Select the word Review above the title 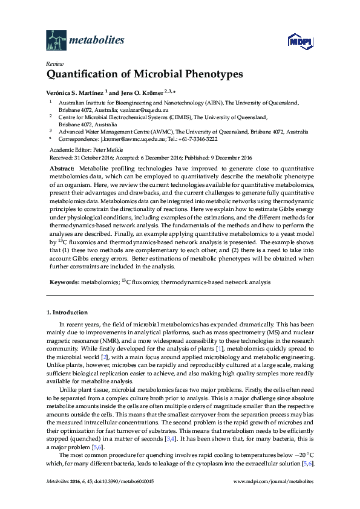coord(54,63)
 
